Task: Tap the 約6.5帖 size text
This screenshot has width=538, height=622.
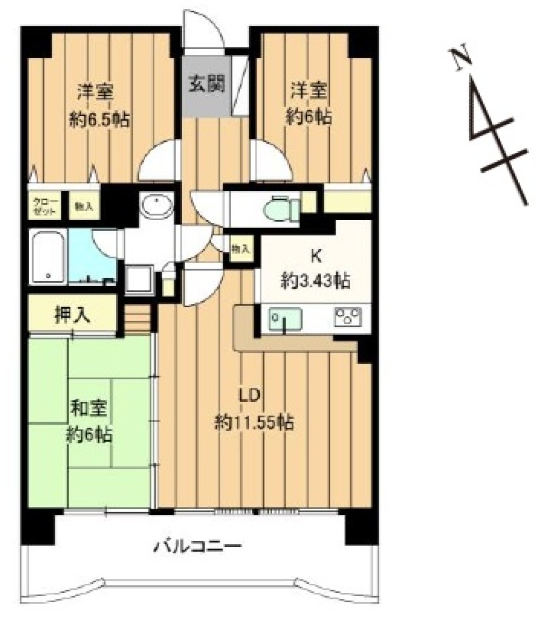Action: click(99, 119)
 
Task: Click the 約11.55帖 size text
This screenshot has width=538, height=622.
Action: click(253, 423)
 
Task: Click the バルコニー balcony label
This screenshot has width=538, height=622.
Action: click(199, 548)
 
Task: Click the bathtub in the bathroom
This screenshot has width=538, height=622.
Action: click(48, 256)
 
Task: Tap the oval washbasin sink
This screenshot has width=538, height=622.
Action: click(157, 206)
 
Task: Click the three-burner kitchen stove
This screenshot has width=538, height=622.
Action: click(348, 318)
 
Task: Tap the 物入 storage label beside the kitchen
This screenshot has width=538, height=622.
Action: click(240, 249)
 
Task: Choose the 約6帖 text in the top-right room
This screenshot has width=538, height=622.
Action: click(309, 117)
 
